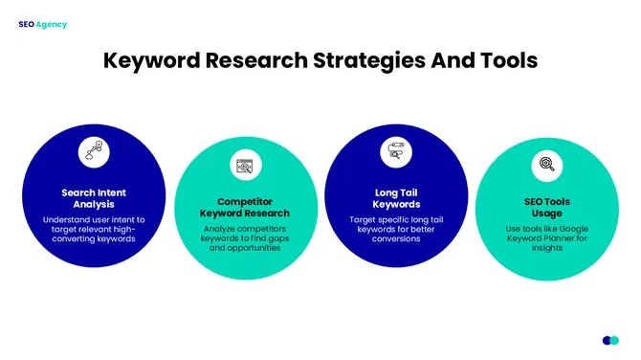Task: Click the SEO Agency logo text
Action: point(42,24)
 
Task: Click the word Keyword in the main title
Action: point(154,60)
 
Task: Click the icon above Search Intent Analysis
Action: point(94,151)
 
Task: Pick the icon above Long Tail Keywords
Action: point(395,151)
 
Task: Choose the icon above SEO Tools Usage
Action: point(546,165)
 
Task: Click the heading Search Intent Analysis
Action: point(94,198)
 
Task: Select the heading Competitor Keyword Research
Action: point(245,208)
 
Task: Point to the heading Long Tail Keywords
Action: point(395,198)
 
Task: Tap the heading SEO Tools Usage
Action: point(546,208)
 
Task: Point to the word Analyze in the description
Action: point(225,229)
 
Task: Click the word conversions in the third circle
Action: point(396,238)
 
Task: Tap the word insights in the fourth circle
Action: point(546,248)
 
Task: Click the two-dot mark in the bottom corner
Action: point(610,340)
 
